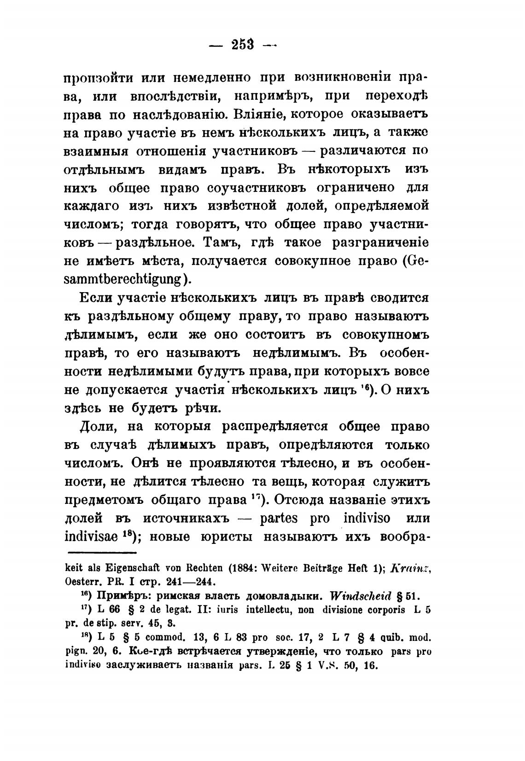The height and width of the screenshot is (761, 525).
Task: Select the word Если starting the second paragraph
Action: [96, 298]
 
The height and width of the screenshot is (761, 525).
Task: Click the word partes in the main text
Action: [279, 519]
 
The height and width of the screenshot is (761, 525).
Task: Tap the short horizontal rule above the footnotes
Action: [102, 552]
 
